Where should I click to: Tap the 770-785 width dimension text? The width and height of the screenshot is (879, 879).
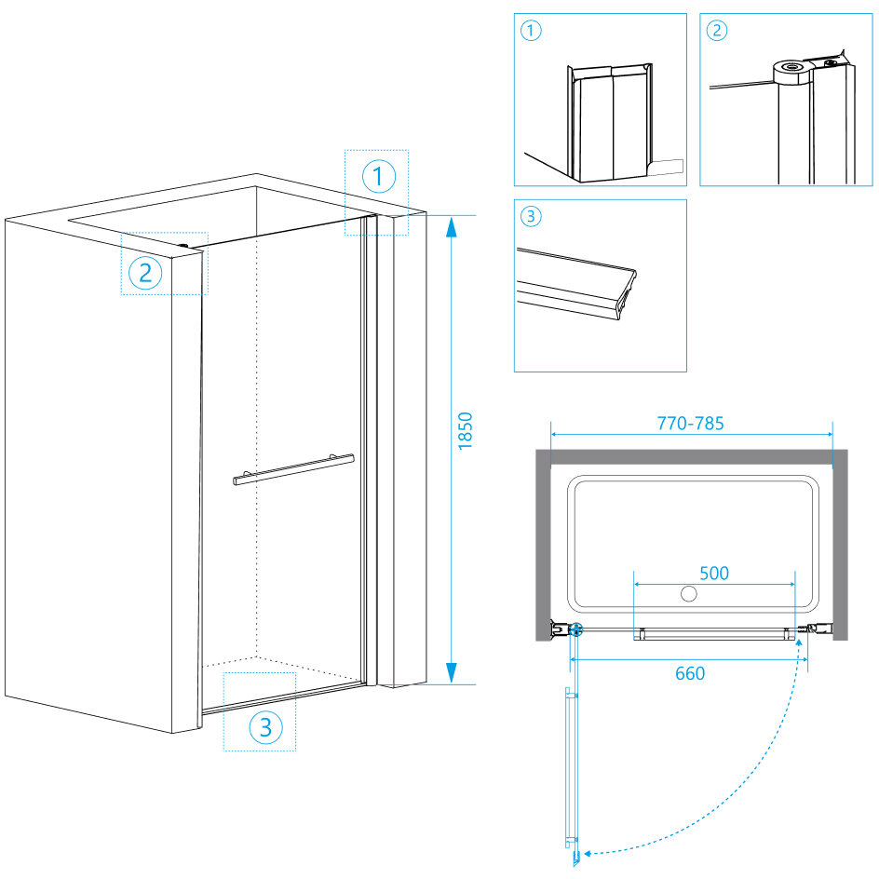pyautogui.click(x=690, y=423)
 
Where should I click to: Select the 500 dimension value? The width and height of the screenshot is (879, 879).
pyautogui.click(x=713, y=573)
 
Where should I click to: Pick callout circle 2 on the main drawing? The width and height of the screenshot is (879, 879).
pyautogui.click(x=145, y=273)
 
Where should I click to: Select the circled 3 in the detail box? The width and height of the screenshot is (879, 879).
pyautogui.click(x=531, y=217)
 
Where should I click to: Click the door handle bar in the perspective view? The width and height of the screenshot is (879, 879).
pyautogui.click(x=293, y=469)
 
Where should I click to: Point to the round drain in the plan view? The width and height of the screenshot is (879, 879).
pyautogui.click(x=690, y=593)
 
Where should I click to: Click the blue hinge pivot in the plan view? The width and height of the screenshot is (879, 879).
pyautogui.click(x=576, y=629)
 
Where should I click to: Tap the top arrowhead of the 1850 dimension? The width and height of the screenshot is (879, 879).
pyautogui.click(x=451, y=227)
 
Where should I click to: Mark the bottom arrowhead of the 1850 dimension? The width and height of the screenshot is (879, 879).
pyautogui.click(x=451, y=672)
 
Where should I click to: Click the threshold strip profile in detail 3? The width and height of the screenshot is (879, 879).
pyautogui.click(x=577, y=285)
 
